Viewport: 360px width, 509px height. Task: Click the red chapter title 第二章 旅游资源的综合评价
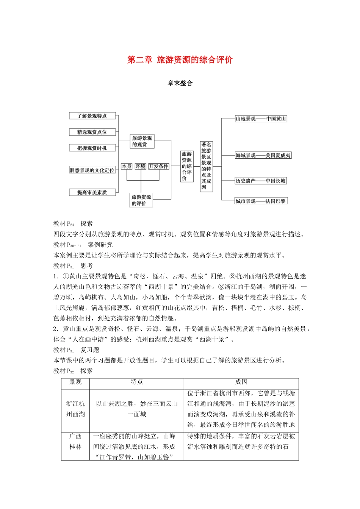pos(180,60)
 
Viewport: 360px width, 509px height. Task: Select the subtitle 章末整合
pos(180,83)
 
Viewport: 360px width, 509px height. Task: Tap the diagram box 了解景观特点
pos(92,116)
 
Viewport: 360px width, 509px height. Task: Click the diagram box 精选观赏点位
pos(92,132)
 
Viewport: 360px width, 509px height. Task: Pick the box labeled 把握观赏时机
pos(92,148)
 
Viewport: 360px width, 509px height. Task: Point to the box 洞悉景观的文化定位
pos(92,170)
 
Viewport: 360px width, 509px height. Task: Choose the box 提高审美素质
pos(92,192)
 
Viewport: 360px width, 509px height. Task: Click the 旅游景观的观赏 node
pos(142,141)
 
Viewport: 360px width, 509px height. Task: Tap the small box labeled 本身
pos(127,166)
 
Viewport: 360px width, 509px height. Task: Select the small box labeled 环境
pos(140,166)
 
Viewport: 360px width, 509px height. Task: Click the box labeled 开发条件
pos(158,166)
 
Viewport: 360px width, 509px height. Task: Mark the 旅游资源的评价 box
pos(141,200)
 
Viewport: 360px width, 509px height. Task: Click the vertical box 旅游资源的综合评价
pos(187,166)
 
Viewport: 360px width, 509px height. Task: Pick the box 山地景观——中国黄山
pos(261,119)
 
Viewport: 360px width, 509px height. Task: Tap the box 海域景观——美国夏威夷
pos(263,155)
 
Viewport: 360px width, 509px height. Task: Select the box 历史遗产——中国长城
pos(261,181)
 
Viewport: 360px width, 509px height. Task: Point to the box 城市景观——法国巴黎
pos(261,201)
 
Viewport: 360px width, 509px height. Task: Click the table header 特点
pos(136,382)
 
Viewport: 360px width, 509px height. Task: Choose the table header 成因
pos(241,382)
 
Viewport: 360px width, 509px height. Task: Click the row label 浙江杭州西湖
pos(75,409)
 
